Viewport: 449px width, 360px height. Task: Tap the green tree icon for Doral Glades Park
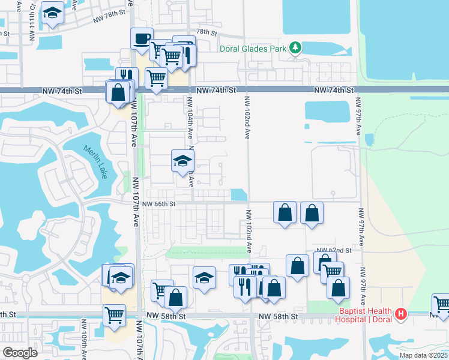pos(295,47)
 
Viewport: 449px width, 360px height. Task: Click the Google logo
pos(20,353)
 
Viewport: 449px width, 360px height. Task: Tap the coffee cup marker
pos(142,39)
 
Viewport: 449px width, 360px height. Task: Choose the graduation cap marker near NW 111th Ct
pos(53,14)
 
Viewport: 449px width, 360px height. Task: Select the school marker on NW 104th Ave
pos(183,161)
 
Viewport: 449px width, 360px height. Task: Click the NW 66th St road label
pos(159,204)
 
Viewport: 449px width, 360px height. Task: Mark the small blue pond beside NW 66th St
pos(239,195)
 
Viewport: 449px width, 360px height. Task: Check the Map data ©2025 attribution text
pos(424,355)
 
